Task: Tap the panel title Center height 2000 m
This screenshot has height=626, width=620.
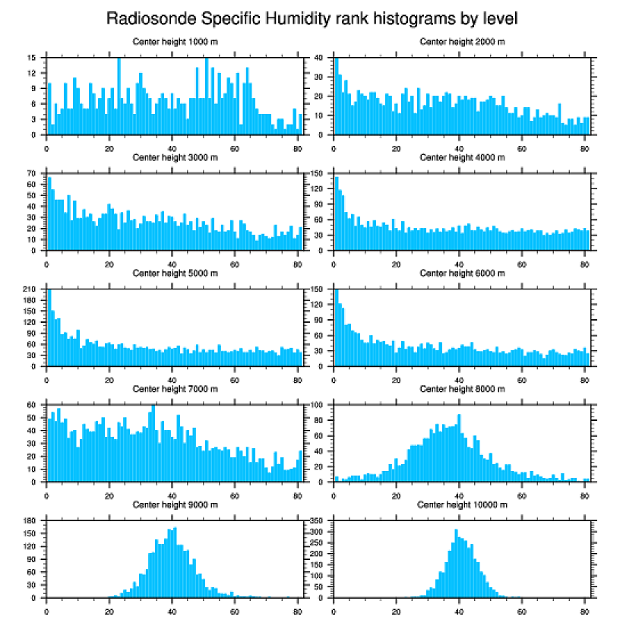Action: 462,42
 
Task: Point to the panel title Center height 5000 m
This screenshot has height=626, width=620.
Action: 175,273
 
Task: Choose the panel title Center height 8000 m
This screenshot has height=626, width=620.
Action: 462,389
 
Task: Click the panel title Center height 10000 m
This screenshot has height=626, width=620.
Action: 462,505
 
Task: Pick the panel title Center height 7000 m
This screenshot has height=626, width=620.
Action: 175,389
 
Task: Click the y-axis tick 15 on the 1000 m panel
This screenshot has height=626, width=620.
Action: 32,58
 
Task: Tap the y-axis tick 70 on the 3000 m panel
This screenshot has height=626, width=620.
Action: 32,174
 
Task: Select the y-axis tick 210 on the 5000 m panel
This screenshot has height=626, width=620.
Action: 30,289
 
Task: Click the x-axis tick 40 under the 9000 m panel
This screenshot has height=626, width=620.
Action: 172,610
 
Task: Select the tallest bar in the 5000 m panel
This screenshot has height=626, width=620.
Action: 49,327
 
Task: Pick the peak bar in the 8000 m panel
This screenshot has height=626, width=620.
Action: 459,448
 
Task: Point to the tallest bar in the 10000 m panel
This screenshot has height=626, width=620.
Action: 456,563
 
